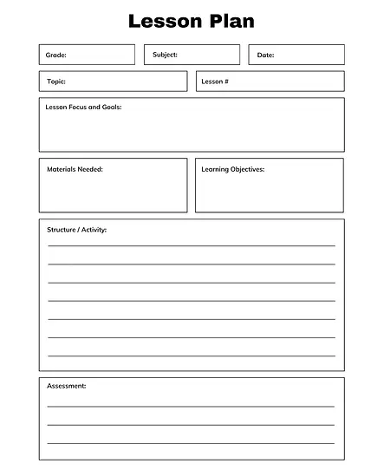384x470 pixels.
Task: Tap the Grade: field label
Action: (x=55, y=55)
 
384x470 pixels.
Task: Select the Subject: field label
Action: (x=165, y=55)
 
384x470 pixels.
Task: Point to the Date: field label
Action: (x=265, y=55)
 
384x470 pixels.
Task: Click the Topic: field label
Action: (x=55, y=82)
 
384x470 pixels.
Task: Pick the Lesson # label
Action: (x=215, y=82)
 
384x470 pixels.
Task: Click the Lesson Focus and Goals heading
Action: (x=83, y=107)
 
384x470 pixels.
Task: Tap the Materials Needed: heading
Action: (x=75, y=169)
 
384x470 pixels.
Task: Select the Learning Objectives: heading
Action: (x=233, y=169)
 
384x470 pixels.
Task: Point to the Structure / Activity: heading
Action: (x=77, y=230)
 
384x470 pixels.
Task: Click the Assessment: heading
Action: (x=67, y=385)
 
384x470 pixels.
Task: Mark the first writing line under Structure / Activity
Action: (x=191, y=246)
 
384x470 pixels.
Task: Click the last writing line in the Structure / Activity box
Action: (x=191, y=356)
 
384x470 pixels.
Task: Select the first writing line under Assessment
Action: (x=191, y=406)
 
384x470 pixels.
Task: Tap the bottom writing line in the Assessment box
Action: (x=191, y=443)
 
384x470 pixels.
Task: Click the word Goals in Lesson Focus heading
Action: (x=111, y=107)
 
